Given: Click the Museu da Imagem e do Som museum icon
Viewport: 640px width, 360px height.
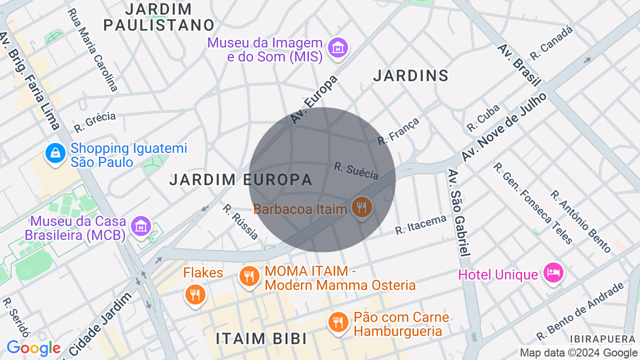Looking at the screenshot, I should [338, 48].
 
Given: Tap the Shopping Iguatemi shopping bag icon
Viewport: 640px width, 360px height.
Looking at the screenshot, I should [55, 153].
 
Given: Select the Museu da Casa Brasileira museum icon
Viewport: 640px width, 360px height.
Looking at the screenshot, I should [141, 226].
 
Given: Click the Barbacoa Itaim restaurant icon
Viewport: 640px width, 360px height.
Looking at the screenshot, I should [361, 207].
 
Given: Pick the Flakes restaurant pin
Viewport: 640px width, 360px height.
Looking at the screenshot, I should [195, 294].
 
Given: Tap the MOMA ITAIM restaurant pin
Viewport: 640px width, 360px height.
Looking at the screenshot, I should [249, 275].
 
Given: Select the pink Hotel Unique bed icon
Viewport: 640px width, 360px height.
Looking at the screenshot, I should [553, 273].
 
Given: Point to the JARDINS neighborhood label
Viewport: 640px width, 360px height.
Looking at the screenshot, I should [411, 76].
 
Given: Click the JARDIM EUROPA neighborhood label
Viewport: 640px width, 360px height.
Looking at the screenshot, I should [240, 179].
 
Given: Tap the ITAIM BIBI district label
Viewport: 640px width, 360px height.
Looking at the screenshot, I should [261, 338].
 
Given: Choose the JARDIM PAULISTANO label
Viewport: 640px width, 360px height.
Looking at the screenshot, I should [159, 17].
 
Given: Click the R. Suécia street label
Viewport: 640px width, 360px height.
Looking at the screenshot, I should [356, 170].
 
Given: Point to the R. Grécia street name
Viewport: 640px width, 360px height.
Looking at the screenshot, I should [95, 122].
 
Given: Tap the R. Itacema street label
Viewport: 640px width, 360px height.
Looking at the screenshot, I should [420, 224].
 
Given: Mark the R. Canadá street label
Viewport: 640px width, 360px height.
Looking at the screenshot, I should [551, 42].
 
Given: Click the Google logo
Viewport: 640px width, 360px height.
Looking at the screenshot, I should [33, 348].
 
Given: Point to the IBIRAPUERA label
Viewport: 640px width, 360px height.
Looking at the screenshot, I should [602, 339].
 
